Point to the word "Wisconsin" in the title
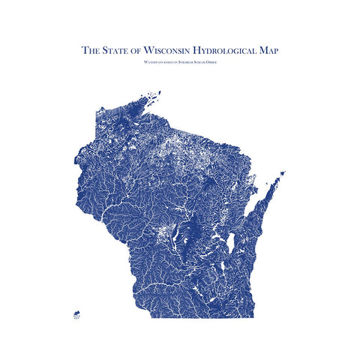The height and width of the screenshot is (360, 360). pos(168,51)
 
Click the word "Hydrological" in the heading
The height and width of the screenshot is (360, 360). pos(225,51)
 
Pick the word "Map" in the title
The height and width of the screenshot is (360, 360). pos(267,51)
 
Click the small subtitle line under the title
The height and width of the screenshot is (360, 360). pos(179,61)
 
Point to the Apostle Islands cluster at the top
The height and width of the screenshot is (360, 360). pos(154,97)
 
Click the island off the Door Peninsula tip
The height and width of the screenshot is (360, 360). pos(281,175)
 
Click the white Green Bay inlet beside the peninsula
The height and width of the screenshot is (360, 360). pos(253,206)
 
